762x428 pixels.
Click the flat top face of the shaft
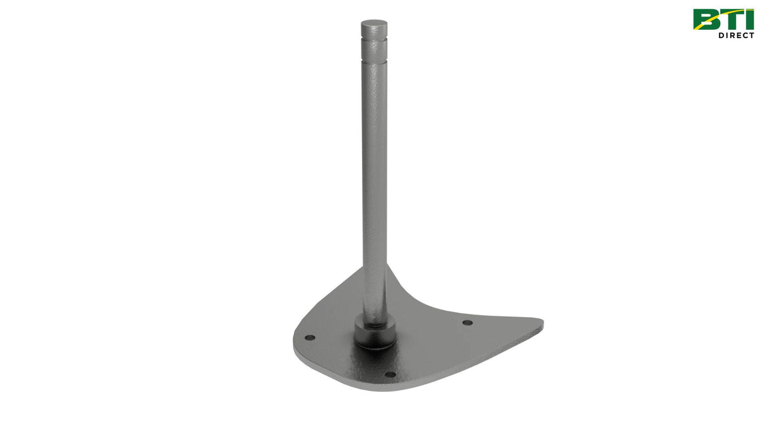point(374,25)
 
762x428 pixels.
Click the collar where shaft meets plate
point(375,330)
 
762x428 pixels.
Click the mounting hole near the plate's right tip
point(467,323)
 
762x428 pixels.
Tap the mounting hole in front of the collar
point(391,374)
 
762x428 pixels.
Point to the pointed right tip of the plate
point(541,324)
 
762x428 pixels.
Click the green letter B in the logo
point(706,19)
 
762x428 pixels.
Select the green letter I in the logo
point(750,19)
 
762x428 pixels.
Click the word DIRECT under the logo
point(736,36)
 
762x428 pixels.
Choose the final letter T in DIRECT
point(751,36)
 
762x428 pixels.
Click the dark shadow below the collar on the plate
point(372,346)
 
